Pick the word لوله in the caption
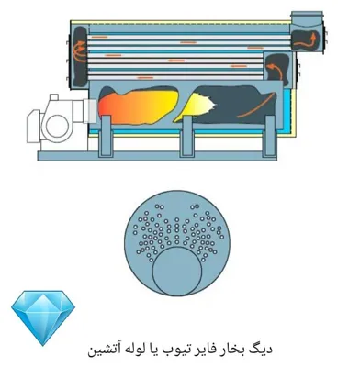click(149, 350)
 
